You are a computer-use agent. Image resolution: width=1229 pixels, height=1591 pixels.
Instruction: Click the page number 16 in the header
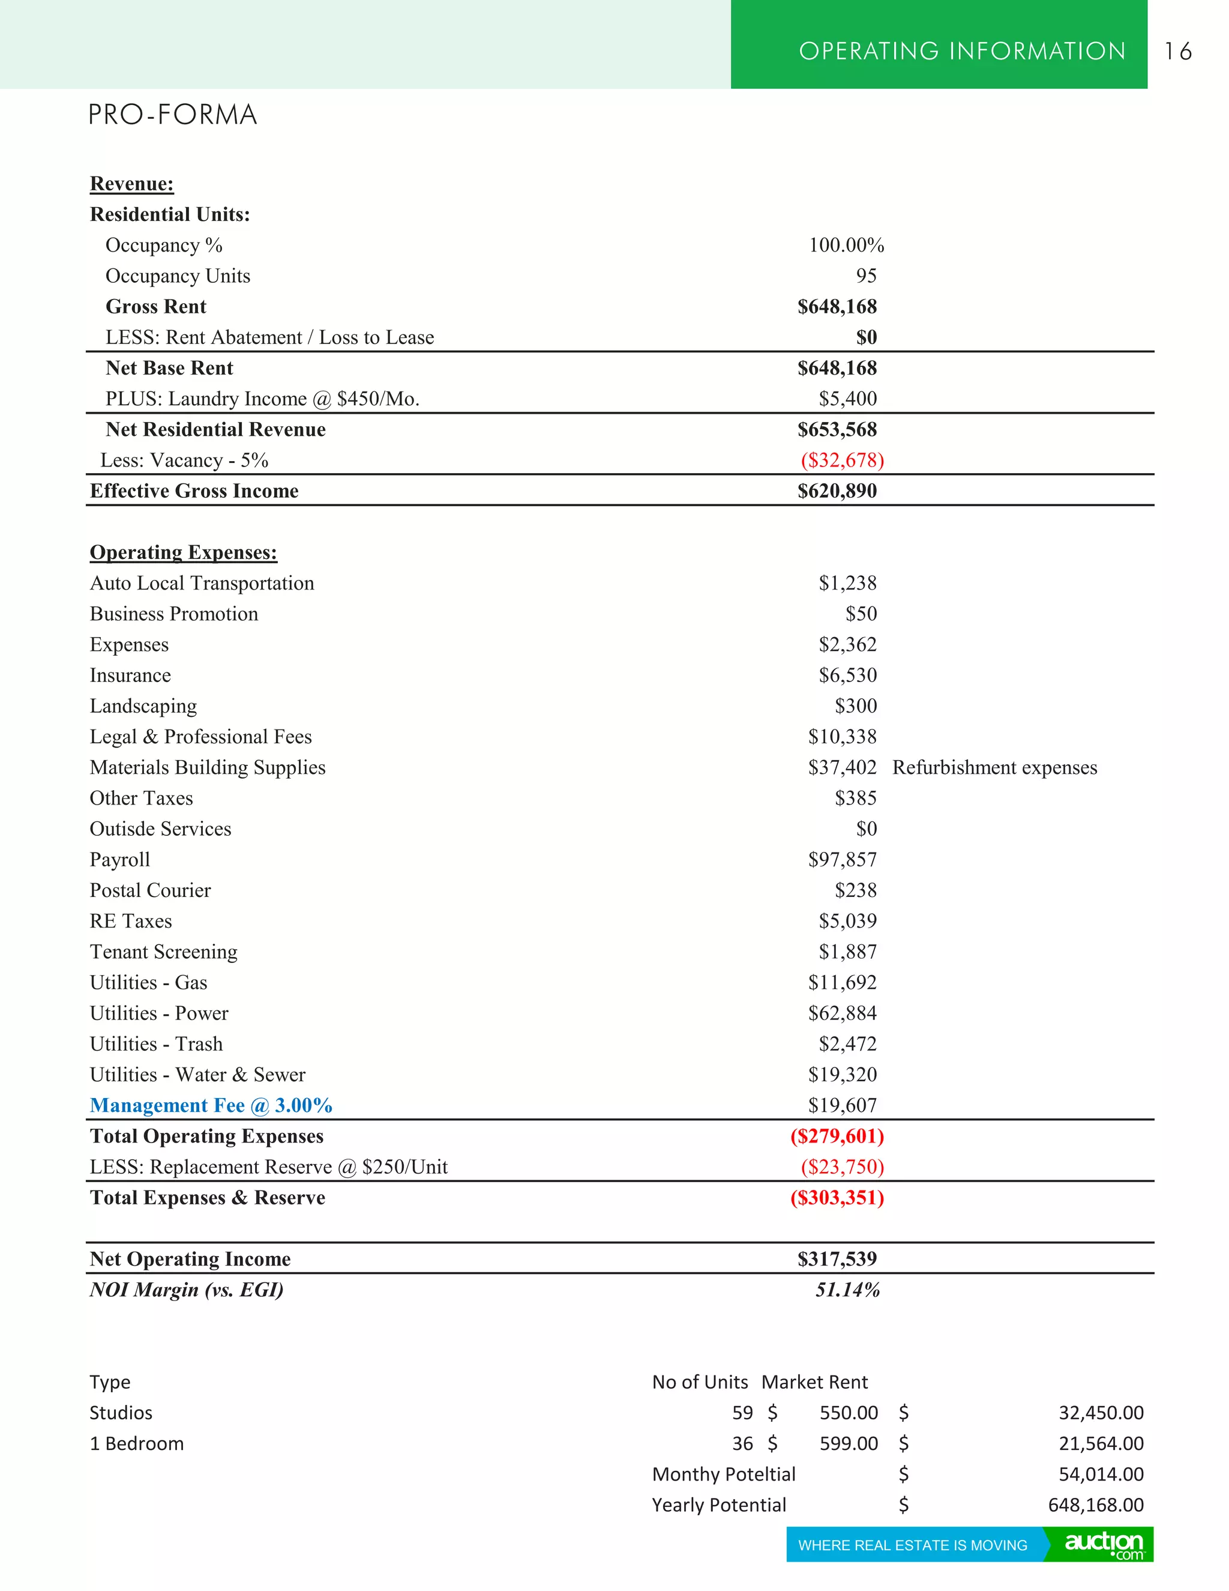1177,51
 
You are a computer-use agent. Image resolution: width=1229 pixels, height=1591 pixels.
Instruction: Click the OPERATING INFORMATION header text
962,51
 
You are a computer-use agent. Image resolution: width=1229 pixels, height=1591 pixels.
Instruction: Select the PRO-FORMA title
173,115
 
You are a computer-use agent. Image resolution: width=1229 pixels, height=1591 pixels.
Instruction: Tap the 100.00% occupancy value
846,246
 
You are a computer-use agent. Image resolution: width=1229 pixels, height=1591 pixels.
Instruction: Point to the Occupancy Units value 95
866,276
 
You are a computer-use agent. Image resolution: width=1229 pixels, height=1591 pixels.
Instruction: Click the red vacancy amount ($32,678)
842,460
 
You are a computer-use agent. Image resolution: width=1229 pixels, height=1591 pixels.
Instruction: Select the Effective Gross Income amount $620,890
837,491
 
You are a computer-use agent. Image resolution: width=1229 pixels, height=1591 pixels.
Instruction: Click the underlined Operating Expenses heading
184,552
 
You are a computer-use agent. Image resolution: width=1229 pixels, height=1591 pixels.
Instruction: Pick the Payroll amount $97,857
842,860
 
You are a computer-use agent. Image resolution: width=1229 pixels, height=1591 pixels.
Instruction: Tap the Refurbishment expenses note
994,768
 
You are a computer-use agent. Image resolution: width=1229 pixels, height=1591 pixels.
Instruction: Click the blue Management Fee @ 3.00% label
211,1106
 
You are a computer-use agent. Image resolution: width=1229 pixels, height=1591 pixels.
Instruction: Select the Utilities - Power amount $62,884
842,1013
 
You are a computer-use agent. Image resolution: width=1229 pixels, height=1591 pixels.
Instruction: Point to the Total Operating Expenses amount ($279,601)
837,1137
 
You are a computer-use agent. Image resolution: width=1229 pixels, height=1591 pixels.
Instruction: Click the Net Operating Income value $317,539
837,1259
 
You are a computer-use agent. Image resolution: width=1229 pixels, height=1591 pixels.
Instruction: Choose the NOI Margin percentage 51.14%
847,1290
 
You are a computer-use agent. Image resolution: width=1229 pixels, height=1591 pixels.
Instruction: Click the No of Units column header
700,1382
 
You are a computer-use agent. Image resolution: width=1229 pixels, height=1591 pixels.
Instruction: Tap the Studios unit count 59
742,1413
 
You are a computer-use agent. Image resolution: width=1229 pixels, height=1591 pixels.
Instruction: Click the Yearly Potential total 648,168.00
1095,1505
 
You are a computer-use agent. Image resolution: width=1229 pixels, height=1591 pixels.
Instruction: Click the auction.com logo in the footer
1104,1545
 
